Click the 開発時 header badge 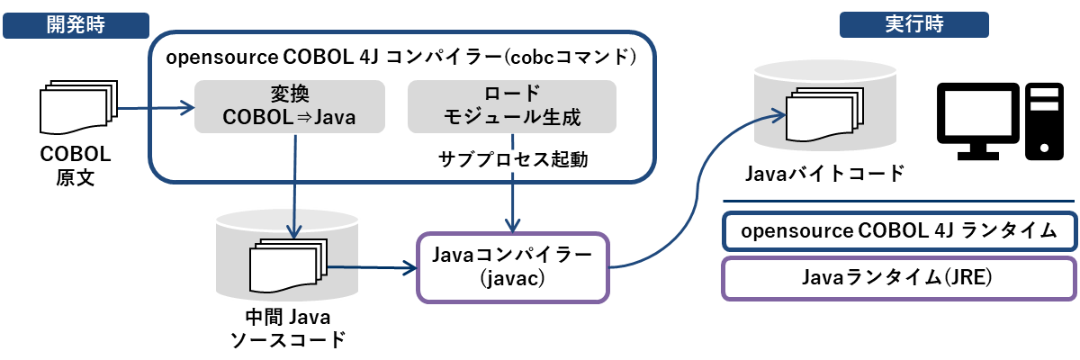[x=76, y=25]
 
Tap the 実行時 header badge [x=914, y=24]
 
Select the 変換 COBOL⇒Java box [x=290, y=106]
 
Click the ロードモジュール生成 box [x=512, y=106]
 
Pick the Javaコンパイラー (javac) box [x=513, y=267]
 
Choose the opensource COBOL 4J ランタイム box [x=900, y=231]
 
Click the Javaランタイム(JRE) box [x=900, y=279]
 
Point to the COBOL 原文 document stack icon [x=78, y=107]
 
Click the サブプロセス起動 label [x=513, y=159]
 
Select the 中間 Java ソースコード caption [x=288, y=328]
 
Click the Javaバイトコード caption [x=824, y=174]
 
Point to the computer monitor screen [x=977, y=113]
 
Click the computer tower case [x=1044, y=121]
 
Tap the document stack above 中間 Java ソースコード [x=288, y=265]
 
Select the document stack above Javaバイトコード [x=825, y=114]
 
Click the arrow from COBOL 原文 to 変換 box [x=157, y=107]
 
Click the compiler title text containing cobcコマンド [x=401, y=58]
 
